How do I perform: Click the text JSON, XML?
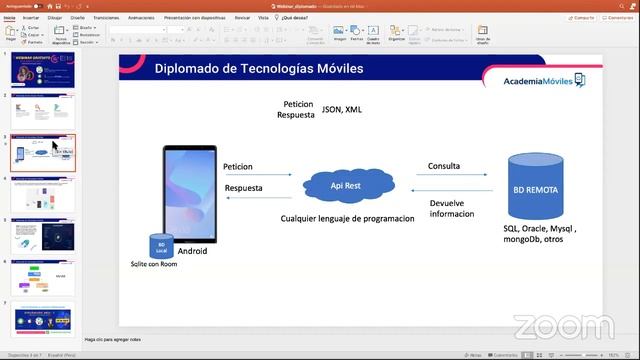coord(341,109)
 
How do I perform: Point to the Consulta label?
coord(444,166)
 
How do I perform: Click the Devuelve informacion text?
coord(451,208)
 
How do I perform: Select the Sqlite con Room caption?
coord(153,264)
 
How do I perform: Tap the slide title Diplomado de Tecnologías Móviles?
coord(258,69)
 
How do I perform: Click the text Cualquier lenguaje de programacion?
coord(347,218)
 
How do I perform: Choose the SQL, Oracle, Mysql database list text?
coord(540,234)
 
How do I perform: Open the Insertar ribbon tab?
coord(31,18)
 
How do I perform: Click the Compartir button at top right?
coord(582,17)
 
